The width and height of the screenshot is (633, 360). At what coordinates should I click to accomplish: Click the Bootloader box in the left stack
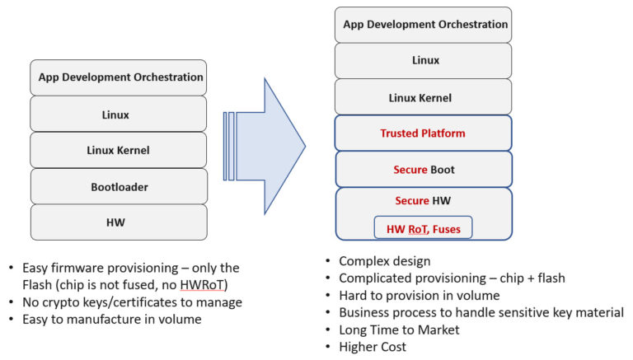tap(119, 187)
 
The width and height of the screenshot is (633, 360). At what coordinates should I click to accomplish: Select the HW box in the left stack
tap(119, 222)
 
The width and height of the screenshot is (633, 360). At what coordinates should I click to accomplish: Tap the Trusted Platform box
tap(423, 133)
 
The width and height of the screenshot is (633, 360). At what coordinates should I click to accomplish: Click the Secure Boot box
tap(423, 170)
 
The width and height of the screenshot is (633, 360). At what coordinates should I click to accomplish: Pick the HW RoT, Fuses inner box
tap(424, 228)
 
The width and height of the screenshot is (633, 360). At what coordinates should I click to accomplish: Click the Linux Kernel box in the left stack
tap(119, 151)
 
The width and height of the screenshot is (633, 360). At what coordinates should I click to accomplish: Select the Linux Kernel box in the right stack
tap(423, 97)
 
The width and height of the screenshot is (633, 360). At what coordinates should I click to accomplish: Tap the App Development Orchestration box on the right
tap(423, 25)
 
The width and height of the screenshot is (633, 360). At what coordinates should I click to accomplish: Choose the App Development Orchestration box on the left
tap(119, 77)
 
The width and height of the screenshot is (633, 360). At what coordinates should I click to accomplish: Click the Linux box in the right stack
tap(423, 60)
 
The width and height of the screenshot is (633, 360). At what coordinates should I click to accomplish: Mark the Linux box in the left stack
tap(119, 115)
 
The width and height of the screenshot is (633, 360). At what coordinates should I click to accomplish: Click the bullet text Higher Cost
tap(373, 347)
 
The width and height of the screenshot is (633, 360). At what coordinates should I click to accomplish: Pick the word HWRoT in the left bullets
tap(210, 285)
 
